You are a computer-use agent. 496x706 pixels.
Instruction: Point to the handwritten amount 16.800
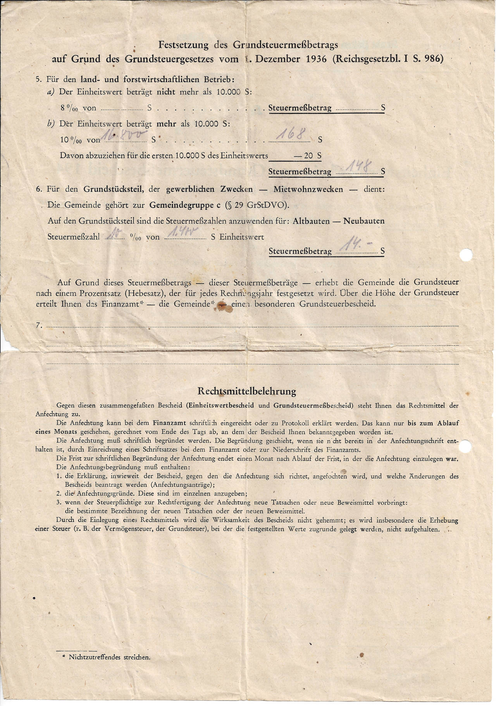[124, 135]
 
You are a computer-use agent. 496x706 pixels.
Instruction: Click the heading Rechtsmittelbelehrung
[247, 391]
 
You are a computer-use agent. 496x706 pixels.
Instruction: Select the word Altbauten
[311, 221]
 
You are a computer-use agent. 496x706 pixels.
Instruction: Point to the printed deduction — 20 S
[308, 156]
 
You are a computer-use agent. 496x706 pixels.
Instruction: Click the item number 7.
[38, 326]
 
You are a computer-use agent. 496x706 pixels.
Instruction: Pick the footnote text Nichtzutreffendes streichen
[109, 657]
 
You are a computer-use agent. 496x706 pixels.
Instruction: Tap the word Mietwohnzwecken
[308, 189]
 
